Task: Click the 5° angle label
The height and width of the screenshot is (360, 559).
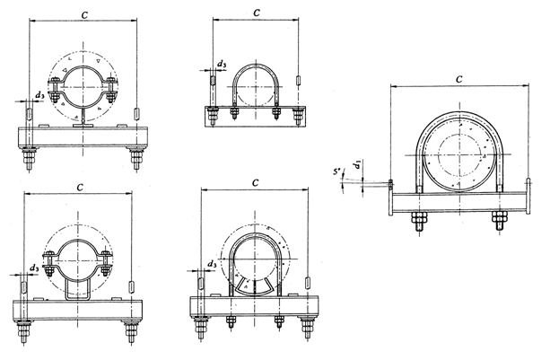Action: [x=336, y=171]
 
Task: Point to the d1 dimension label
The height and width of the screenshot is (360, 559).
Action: [x=357, y=165]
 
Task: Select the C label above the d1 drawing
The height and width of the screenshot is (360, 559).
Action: [x=459, y=79]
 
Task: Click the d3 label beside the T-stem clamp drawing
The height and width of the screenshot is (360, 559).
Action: [x=39, y=95]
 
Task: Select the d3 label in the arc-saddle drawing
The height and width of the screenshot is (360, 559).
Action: [x=212, y=264]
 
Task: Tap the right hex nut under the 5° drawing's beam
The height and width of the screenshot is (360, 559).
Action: [x=499, y=220]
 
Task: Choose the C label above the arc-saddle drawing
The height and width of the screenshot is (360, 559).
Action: [x=255, y=183]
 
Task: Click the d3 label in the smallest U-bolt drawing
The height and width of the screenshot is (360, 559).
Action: [x=222, y=65]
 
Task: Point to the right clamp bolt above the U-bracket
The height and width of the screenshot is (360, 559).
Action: [x=106, y=263]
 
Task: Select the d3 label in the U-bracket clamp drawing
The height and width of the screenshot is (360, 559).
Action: [x=34, y=268]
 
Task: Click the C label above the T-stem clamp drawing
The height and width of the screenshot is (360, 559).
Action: [x=84, y=15]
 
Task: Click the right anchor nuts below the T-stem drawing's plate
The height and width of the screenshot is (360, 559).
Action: [x=135, y=158]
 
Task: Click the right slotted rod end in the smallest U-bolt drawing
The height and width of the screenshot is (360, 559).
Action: [x=298, y=80]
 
